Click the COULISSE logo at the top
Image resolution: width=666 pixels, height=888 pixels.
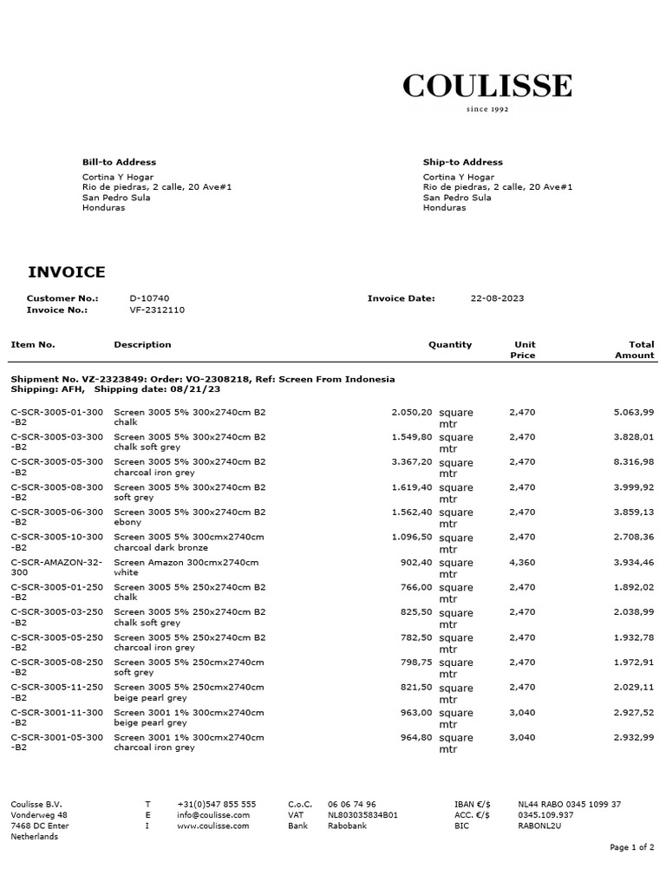[x=486, y=87]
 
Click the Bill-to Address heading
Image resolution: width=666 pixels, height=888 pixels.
[x=119, y=162]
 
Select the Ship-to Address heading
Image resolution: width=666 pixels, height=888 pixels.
[x=462, y=162]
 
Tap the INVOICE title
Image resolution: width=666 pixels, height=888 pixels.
[x=67, y=272]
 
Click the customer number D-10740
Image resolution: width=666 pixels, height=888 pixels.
[x=149, y=298]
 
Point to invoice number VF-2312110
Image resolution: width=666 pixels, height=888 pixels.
[x=157, y=310]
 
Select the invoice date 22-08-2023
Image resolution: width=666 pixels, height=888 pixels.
[x=497, y=298]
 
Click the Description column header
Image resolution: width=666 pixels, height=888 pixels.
[x=142, y=344]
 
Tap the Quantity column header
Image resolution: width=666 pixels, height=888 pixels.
[x=450, y=344]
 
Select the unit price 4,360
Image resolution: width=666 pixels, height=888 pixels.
[x=522, y=562]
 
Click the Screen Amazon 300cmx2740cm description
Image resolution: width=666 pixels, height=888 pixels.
[x=186, y=562]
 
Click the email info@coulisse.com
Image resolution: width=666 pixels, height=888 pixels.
[x=213, y=815]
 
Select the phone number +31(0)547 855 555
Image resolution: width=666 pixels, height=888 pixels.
[x=216, y=805]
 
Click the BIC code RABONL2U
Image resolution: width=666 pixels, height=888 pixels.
[x=539, y=826]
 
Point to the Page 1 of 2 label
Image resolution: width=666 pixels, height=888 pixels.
[x=631, y=847]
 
